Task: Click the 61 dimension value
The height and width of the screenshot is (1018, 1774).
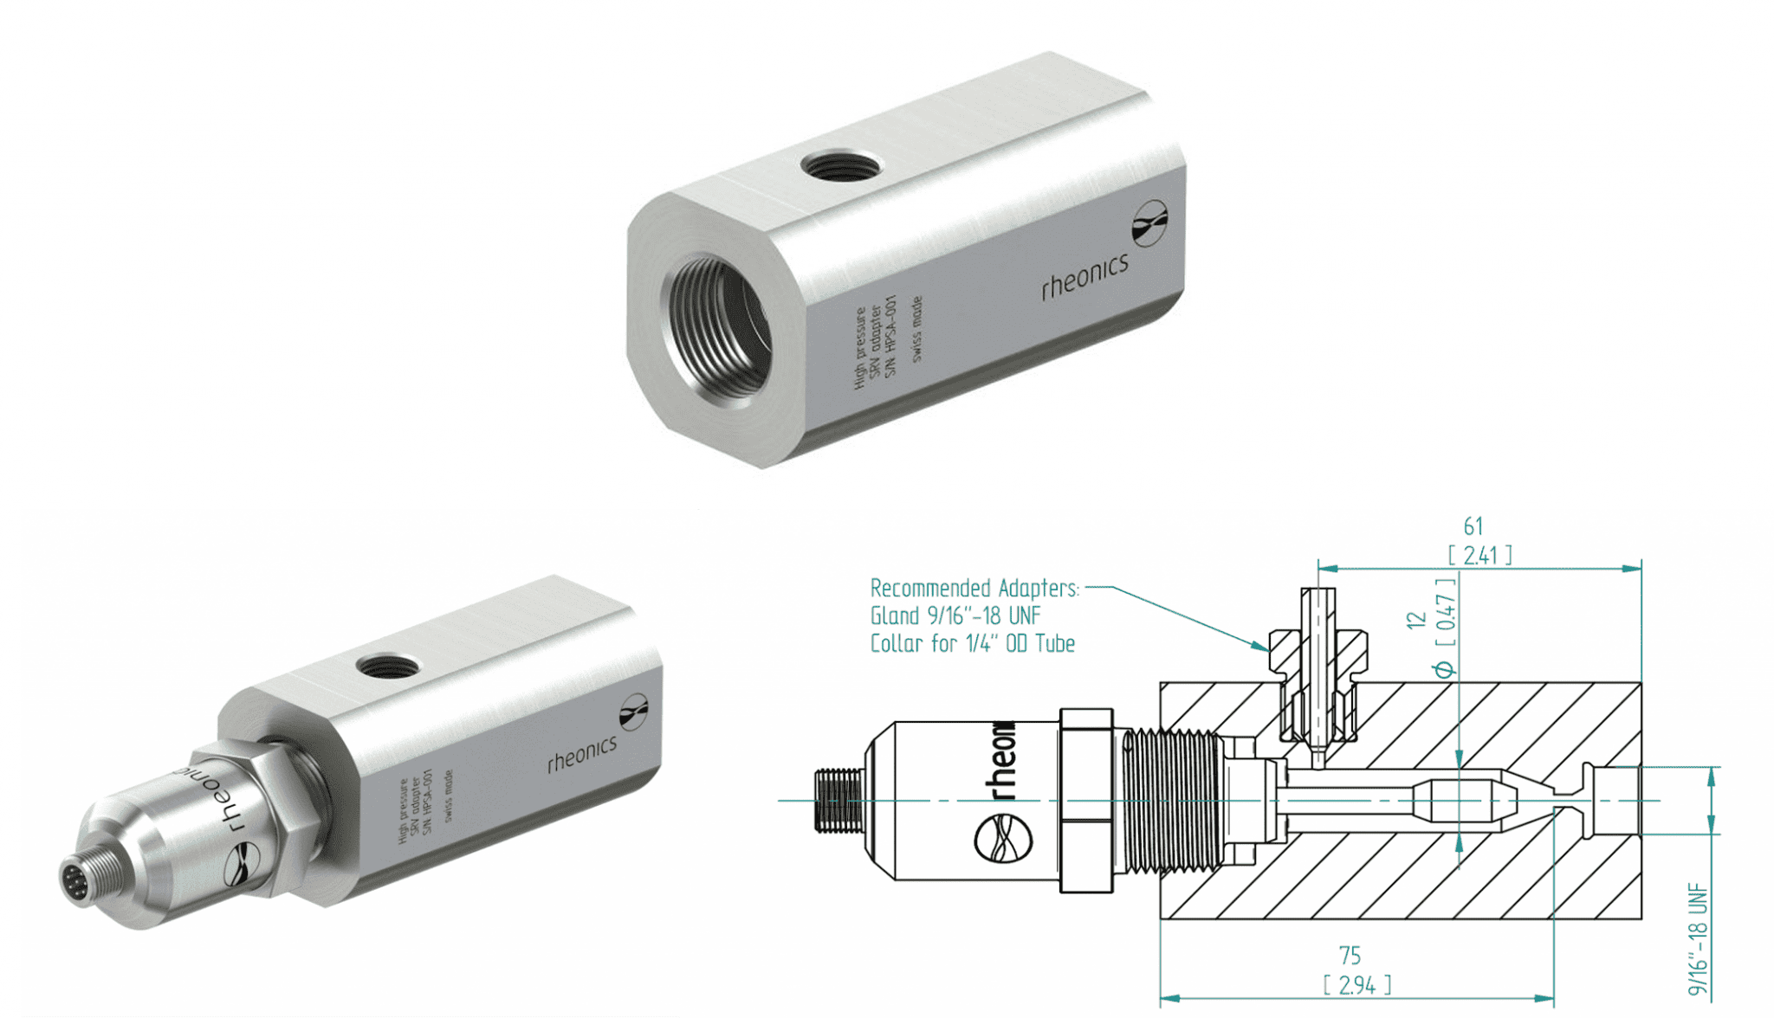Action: (1473, 526)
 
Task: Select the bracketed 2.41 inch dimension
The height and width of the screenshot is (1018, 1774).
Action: (1479, 555)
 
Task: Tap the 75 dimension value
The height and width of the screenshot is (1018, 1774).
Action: (1350, 956)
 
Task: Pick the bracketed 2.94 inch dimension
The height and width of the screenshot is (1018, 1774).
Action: (1356, 985)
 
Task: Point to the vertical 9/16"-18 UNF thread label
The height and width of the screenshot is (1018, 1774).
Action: (1698, 938)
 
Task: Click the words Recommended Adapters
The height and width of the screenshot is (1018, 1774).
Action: (974, 589)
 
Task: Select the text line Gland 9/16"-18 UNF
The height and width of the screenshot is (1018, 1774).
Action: (955, 616)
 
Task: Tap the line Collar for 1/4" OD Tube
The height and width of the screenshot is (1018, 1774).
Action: (972, 644)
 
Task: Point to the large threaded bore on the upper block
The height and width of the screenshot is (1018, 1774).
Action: (717, 327)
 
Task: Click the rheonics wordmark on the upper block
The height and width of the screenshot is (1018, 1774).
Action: (1084, 276)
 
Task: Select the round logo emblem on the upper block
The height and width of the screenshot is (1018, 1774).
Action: (1149, 223)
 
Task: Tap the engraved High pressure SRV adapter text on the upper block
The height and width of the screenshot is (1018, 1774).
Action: (875, 343)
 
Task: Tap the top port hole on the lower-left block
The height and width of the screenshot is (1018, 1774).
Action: (388, 666)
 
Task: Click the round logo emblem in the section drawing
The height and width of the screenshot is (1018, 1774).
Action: (1003, 839)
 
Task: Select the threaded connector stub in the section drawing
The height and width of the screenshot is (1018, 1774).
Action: (838, 800)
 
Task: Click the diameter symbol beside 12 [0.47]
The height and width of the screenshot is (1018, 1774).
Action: (1444, 669)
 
